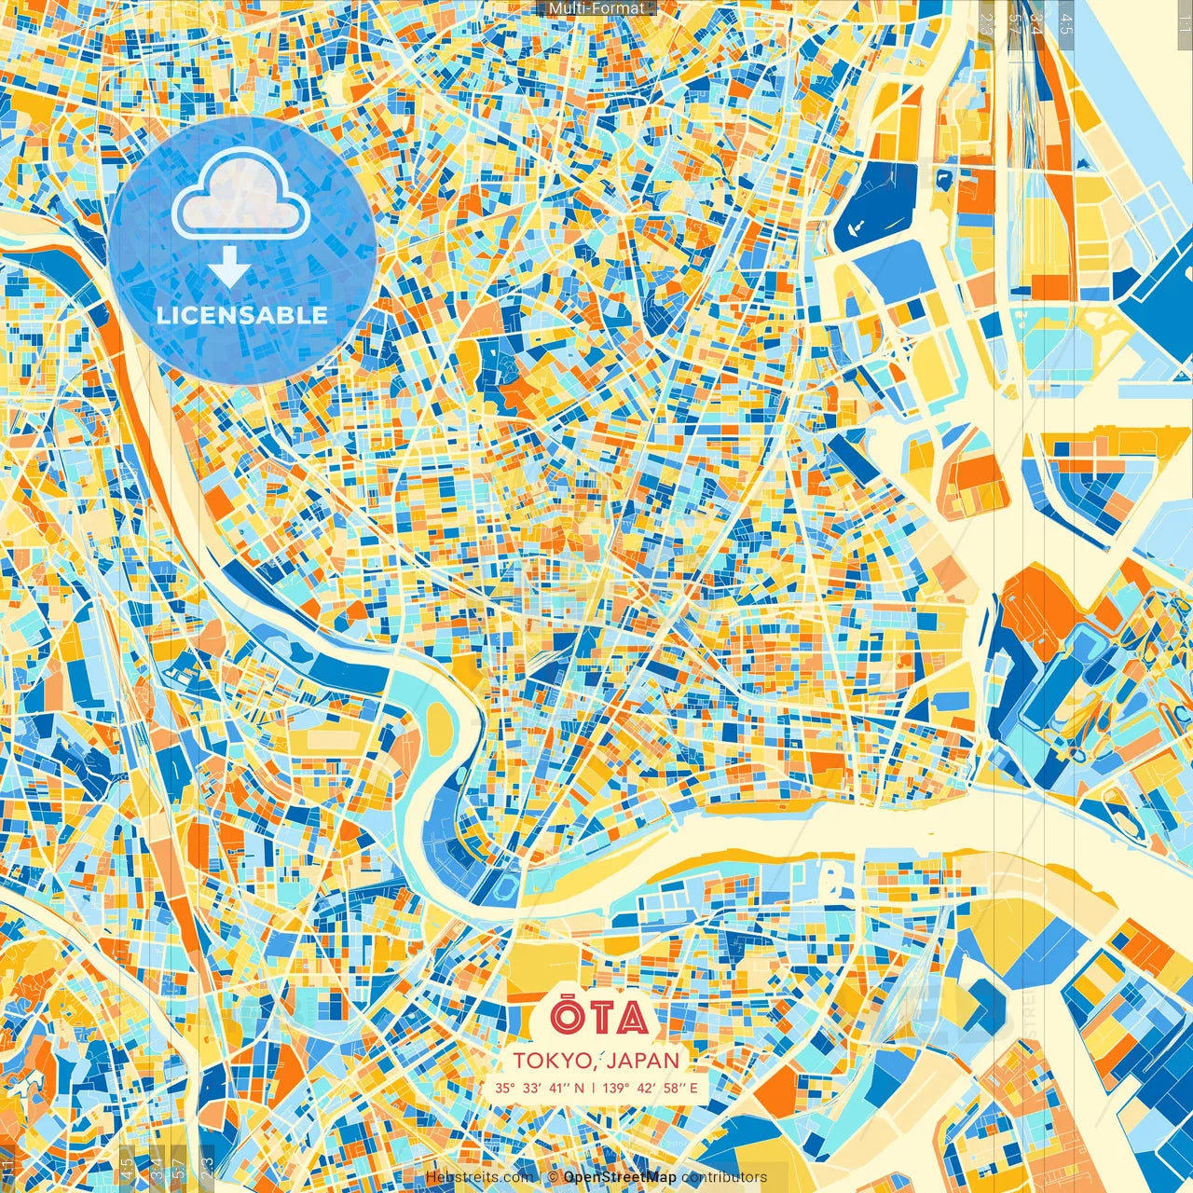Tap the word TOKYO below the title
pyautogui.click(x=550, y=1061)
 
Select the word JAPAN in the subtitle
pyautogui.click(x=644, y=1061)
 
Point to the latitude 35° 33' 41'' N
pyautogui.click(x=540, y=1088)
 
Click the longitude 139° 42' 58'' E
pyautogui.click(x=651, y=1088)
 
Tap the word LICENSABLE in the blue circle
pyautogui.click(x=242, y=315)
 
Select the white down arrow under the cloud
pyautogui.click(x=229, y=267)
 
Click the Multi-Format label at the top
pyautogui.click(x=596, y=8)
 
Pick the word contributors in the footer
pyautogui.click(x=724, y=1177)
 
